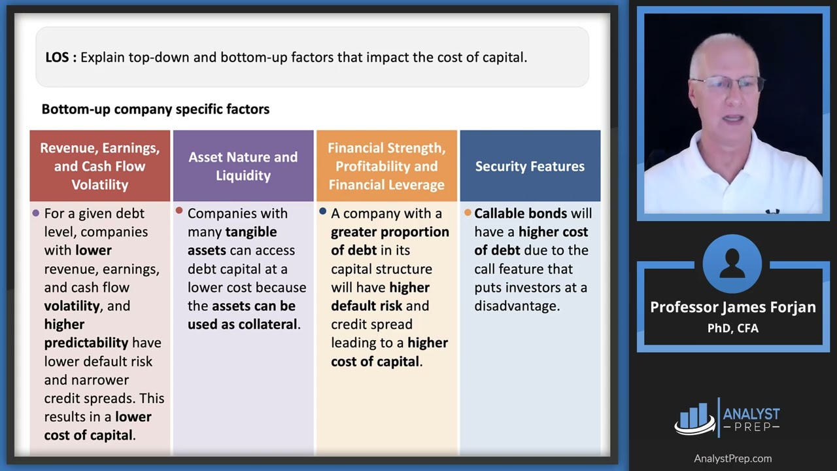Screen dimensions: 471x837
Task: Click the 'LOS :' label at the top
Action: coord(61,58)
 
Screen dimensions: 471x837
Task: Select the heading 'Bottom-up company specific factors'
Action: coord(156,109)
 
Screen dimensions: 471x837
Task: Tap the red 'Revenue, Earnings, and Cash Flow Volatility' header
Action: coord(100,166)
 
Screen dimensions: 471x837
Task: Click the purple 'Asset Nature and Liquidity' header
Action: coord(243,166)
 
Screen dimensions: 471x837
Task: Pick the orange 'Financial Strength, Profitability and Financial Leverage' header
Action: coord(386,166)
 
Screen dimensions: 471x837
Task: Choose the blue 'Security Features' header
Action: coord(530,166)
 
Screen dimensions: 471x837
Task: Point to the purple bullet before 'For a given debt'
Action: coord(36,213)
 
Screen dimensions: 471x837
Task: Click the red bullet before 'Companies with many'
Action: coord(179,211)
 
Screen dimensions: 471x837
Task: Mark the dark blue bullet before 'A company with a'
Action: coord(323,211)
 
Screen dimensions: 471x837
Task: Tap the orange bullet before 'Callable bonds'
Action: coord(468,213)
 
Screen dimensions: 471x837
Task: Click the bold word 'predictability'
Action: coord(86,343)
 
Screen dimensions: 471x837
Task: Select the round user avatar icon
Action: coord(732,264)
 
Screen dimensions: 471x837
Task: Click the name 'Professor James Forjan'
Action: coord(732,307)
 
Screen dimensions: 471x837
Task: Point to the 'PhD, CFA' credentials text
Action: coord(732,328)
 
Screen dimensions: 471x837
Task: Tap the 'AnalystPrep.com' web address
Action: coord(732,459)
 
